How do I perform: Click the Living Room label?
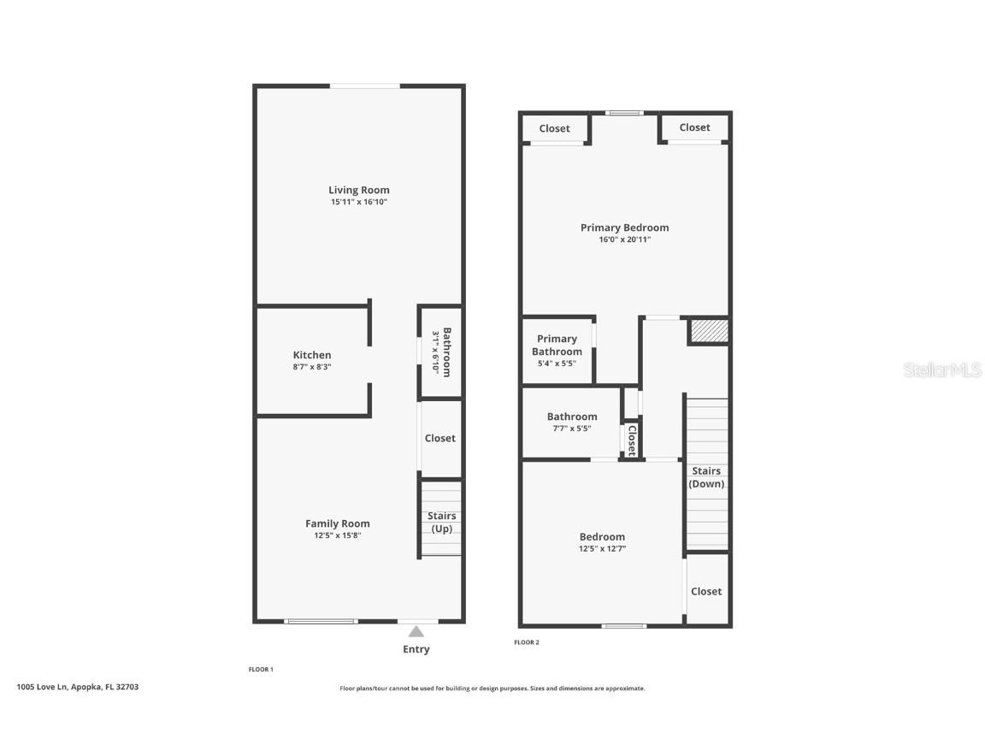click(359, 190)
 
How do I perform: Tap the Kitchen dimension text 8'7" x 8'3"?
click(312, 367)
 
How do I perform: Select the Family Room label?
click(338, 523)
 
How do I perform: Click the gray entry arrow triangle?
click(416, 632)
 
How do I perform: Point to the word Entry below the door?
click(416, 649)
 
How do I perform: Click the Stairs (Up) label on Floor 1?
click(441, 522)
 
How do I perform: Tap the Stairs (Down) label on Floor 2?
click(706, 477)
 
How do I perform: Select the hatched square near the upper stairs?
click(708, 330)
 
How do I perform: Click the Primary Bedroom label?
click(624, 228)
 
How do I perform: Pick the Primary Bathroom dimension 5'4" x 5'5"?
click(557, 364)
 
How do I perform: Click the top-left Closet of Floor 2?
click(554, 128)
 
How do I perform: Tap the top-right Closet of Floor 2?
click(694, 127)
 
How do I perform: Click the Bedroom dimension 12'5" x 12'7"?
click(602, 549)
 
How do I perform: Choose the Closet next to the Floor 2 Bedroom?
click(706, 591)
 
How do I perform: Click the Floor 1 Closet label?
click(440, 438)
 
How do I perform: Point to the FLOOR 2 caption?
click(527, 642)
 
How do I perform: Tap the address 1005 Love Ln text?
click(77, 687)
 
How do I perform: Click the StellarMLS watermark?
click(941, 370)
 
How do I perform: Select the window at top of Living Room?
click(365, 86)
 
